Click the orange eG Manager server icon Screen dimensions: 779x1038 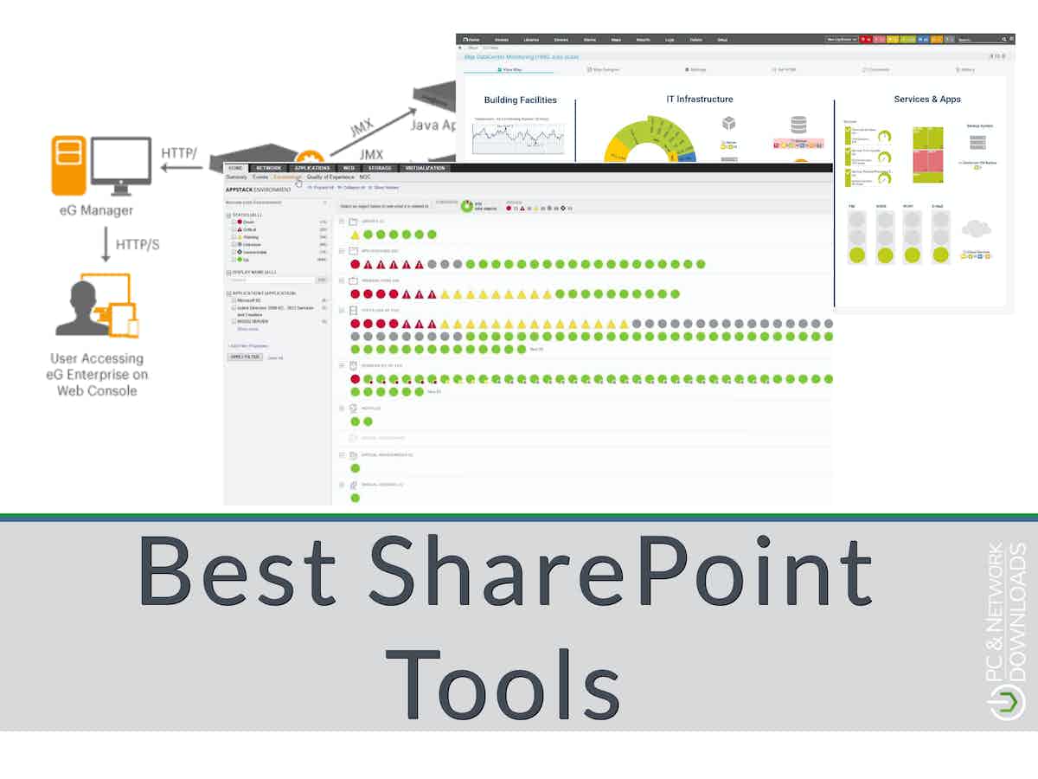coord(69,164)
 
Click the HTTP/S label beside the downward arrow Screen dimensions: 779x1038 coord(138,245)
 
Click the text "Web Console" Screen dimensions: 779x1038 coord(97,390)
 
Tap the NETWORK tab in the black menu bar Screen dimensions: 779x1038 coord(269,168)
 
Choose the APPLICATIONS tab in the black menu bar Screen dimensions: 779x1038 coord(312,168)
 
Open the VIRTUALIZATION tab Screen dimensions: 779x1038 coord(425,168)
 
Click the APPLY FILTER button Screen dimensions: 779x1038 coord(245,357)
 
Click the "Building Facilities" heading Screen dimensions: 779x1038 coord(520,100)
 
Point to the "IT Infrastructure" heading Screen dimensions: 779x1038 coord(699,100)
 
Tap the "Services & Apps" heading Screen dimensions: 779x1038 coord(927,100)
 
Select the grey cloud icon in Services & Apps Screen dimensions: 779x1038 coord(976,229)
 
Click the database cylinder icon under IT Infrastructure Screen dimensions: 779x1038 coord(798,126)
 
